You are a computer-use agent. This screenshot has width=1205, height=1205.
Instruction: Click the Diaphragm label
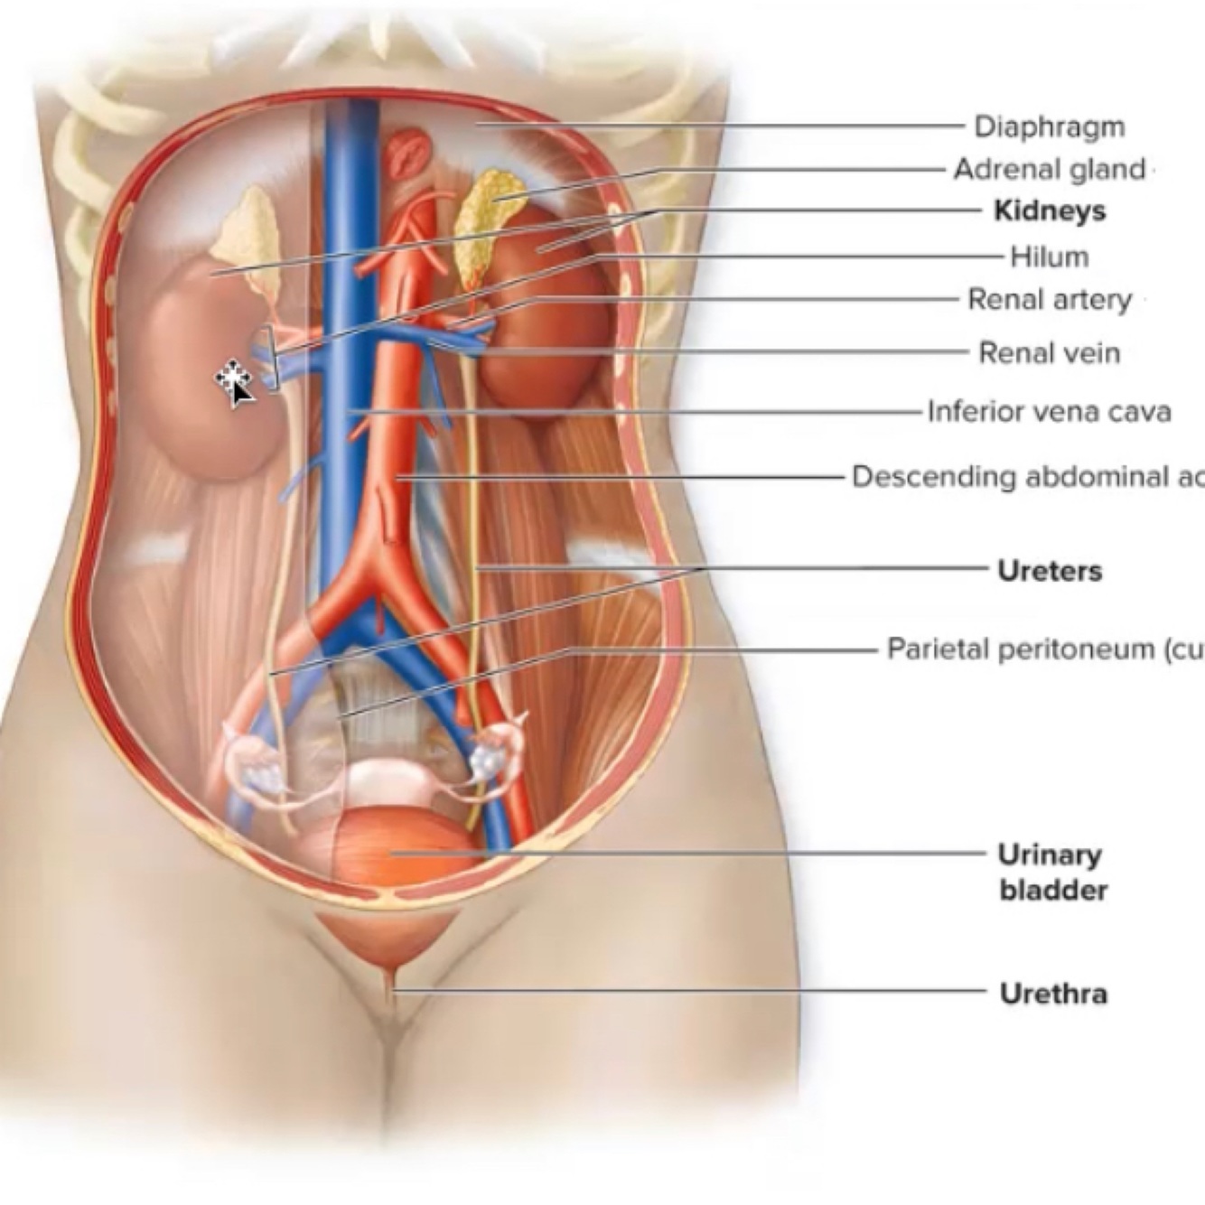[1050, 126]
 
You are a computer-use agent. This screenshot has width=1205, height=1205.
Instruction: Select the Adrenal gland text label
[1049, 169]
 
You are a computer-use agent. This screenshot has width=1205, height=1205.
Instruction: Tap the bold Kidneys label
[1049, 210]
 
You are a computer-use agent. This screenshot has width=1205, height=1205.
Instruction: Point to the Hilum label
[1049, 257]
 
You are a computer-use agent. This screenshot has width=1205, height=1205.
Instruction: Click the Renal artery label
[1049, 299]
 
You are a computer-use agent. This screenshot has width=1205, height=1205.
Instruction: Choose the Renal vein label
[1049, 352]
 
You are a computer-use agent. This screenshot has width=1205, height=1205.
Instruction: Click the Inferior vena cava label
[1049, 412]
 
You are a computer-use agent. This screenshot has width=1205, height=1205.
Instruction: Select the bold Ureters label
[1050, 571]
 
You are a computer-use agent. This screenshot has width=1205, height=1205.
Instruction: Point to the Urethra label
[1053, 994]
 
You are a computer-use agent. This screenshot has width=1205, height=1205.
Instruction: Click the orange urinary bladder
[402, 845]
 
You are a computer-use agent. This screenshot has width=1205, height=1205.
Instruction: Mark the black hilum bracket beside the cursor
[269, 357]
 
